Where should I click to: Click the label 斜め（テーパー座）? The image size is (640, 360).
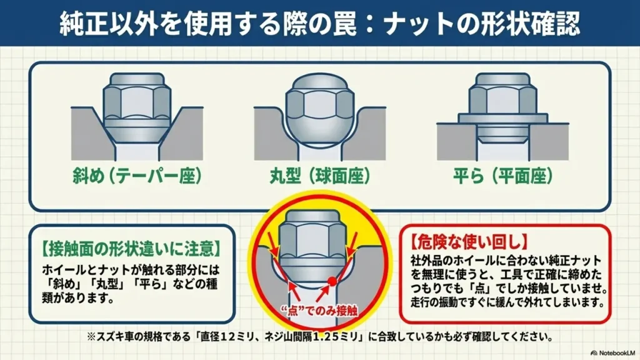[x=137, y=176]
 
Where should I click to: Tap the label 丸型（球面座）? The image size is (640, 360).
[x=320, y=176]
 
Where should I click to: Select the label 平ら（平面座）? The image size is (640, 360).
[x=503, y=176]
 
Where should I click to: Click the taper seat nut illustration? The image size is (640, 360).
[x=137, y=110]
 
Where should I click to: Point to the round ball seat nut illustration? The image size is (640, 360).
[x=320, y=110]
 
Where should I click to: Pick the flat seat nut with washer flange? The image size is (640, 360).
[x=503, y=108]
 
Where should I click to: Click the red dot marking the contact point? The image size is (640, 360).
[x=332, y=281]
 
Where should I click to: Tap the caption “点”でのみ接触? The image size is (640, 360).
[x=319, y=311]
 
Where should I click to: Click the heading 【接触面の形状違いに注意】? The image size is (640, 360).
[x=131, y=248]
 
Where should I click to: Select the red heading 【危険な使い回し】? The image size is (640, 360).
[x=469, y=242]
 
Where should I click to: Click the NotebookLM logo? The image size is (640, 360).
[x=612, y=352]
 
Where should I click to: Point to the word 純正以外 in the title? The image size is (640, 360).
[x=107, y=23]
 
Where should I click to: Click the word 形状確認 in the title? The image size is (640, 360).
[x=532, y=23]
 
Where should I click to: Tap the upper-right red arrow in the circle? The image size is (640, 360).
[x=352, y=244]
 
